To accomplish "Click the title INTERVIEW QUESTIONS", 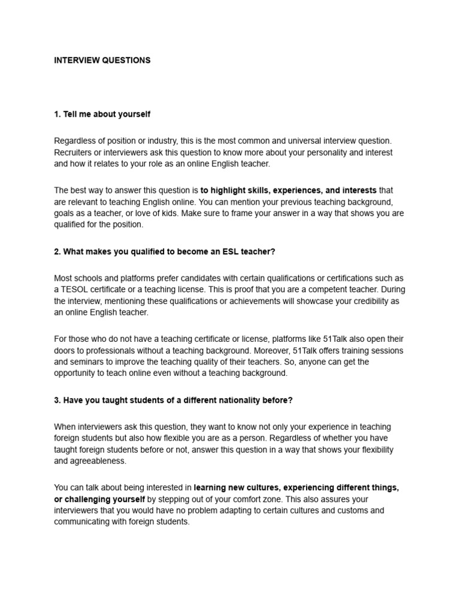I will pos(102,60).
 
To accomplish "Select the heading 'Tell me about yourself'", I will pos(107,114).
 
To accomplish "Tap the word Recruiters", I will pos(75,152).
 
